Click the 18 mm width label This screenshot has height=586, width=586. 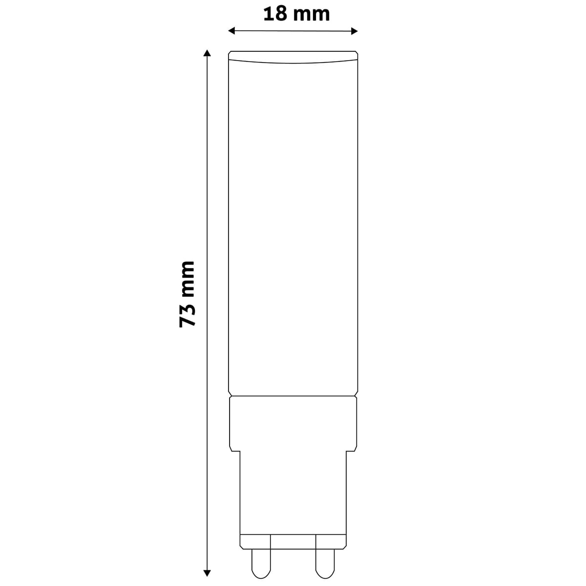click(x=296, y=14)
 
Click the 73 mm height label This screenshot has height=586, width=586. click(x=187, y=294)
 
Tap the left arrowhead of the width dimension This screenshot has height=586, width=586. click(x=232, y=31)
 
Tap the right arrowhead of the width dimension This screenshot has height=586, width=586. click(x=354, y=31)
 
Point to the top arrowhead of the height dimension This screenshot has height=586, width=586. click(x=207, y=53)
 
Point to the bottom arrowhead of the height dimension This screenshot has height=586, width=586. click(x=207, y=573)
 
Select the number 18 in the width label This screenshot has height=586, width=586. click(x=275, y=14)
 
